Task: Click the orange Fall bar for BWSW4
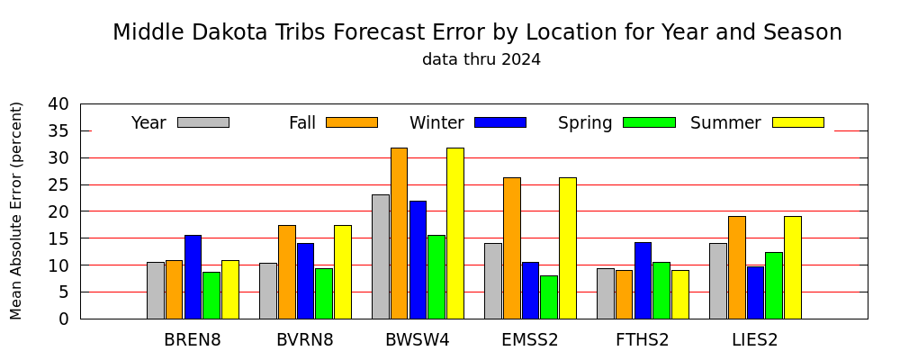pyautogui.click(x=399, y=233)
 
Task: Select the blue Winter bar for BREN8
pyautogui.click(x=193, y=276)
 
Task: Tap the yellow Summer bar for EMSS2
pyautogui.click(x=568, y=248)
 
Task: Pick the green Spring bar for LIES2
pyautogui.click(x=774, y=285)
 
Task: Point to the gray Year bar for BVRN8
pyautogui.click(x=268, y=291)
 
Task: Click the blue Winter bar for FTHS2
pyautogui.click(x=643, y=281)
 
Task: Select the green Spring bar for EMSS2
pyautogui.click(x=549, y=297)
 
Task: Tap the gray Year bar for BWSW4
pyautogui.click(x=381, y=256)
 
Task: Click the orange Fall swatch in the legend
pyautogui.click(x=352, y=122)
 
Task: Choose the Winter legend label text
pyautogui.click(x=436, y=123)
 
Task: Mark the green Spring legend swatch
pyautogui.click(x=649, y=122)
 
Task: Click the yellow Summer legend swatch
pyautogui.click(x=797, y=122)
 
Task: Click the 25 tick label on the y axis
pyautogui.click(x=59, y=184)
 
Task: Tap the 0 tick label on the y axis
pyautogui.click(x=64, y=319)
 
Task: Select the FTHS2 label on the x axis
pyautogui.click(x=643, y=340)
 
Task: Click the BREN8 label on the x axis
pyautogui.click(x=193, y=340)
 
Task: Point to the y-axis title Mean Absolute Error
pyautogui.click(x=16, y=211)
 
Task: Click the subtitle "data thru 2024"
pyautogui.click(x=481, y=59)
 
